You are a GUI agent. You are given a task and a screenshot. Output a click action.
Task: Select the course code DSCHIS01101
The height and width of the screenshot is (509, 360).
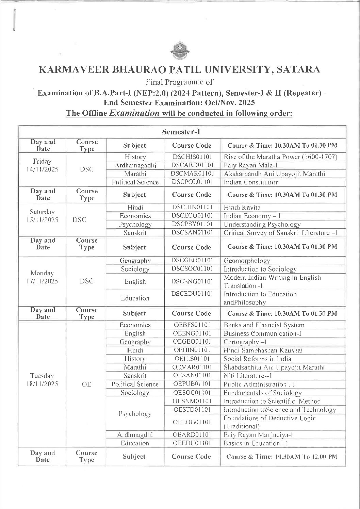click(192, 157)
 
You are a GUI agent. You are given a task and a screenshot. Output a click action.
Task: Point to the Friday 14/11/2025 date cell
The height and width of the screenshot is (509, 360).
click(43, 165)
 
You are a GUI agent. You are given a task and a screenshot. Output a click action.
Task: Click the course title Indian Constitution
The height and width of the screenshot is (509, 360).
click(251, 182)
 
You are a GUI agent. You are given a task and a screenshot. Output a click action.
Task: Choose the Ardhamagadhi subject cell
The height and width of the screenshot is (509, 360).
click(135, 165)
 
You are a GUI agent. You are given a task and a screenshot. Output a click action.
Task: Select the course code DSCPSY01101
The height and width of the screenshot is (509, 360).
click(192, 224)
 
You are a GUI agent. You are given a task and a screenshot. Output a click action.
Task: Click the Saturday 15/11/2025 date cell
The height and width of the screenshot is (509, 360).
click(43, 216)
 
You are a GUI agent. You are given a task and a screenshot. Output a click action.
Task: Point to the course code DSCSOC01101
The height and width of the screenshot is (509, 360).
click(192, 269)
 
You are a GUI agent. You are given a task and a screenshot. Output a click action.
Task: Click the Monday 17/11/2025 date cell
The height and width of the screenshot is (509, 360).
click(43, 277)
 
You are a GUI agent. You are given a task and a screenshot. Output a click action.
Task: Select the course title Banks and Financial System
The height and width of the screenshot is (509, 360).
click(264, 325)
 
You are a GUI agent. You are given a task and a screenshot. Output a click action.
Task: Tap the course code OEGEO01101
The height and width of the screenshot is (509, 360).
click(192, 342)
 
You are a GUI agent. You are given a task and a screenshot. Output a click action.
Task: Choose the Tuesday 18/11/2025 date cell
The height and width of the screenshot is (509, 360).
click(43, 380)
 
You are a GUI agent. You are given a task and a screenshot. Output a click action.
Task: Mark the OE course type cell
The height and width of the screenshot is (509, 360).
click(86, 384)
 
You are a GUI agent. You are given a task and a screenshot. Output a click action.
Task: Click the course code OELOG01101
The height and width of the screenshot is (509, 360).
click(192, 422)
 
